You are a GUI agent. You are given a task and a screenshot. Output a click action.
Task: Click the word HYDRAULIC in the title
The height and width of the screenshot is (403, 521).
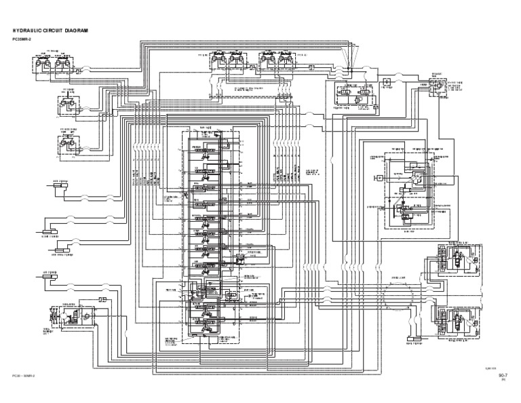pyautogui.click(x=30, y=31)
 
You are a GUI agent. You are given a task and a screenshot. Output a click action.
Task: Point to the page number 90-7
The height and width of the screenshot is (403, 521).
pyautogui.click(x=503, y=375)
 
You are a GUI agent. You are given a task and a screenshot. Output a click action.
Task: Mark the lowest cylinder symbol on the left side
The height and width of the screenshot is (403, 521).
pyautogui.click(x=58, y=279)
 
